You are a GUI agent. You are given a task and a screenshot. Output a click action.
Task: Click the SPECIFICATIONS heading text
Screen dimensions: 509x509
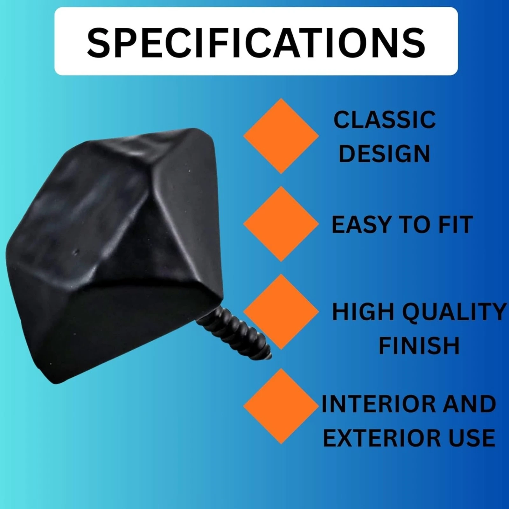coord(256,42)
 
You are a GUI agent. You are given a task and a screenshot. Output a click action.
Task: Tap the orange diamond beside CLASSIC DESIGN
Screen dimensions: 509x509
coord(281,136)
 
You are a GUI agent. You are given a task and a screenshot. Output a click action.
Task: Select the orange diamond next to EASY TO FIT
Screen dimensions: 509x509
coord(281,224)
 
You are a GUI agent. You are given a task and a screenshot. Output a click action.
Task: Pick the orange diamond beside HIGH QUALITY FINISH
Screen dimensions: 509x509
coord(281,312)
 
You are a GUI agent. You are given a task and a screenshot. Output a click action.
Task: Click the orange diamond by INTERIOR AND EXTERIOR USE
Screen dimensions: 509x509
coord(281,406)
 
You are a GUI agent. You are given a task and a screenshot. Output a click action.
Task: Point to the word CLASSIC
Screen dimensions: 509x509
coord(385,120)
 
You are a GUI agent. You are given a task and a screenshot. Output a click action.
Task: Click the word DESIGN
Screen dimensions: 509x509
coord(384,154)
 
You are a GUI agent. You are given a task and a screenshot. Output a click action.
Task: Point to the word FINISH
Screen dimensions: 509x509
coord(419,345)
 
